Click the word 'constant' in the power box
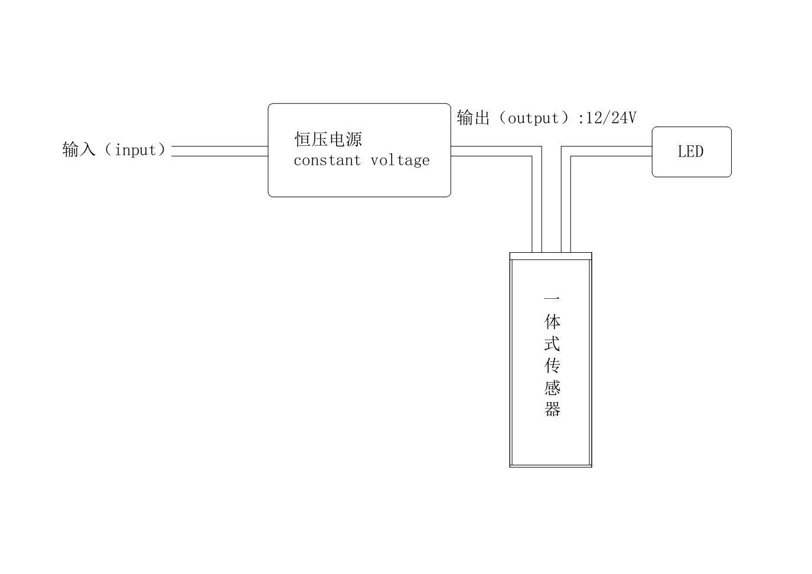pos(327,160)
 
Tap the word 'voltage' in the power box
pos(400,160)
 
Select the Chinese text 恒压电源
pos(328,139)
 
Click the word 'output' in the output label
pos(533,118)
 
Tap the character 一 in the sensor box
pos(552,298)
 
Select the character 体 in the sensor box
pos(552,321)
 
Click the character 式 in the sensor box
pos(552,343)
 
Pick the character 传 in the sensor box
pos(552,365)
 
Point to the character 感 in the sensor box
pos(552,387)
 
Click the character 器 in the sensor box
pos(552,409)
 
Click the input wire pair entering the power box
pos(219,151)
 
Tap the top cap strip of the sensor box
pos(550,256)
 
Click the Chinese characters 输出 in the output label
pos(473,118)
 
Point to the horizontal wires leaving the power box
pos(490,151)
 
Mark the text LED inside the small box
pos(690,152)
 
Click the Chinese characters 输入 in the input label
pos(79,149)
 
